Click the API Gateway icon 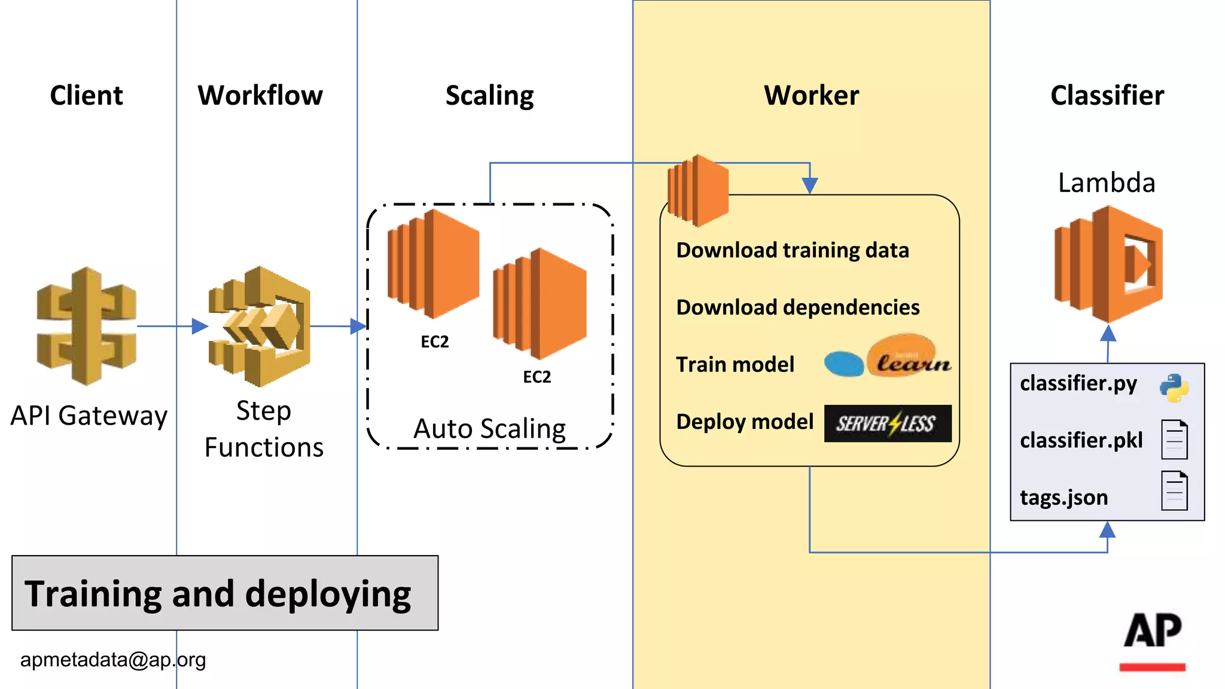pyautogui.click(x=87, y=326)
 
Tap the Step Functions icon pyautogui.click(x=261, y=326)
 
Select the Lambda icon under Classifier pyautogui.click(x=1108, y=264)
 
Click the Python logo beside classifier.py pyautogui.click(x=1174, y=388)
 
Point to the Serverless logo pyautogui.click(x=887, y=423)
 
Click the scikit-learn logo pyautogui.click(x=888, y=357)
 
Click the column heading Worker pyautogui.click(x=811, y=96)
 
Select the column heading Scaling pyautogui.click(x=489, y=96)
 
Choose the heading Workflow pyautogui.click(x=260, y=96)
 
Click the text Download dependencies pyautogui.click(x=797, y=307)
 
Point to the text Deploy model pyautogui.click(x=745, y=422)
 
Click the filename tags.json pyautogui.click(x=1064, y=498)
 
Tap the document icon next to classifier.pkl pyautogui.click(x=1174, y=440)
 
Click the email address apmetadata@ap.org pyautogui.click(x=113, y=660)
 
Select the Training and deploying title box pyautogui.click(x=225, y=593)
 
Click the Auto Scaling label pyautogui.click(x=489, y=429)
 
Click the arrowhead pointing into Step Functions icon pyautogui.click(x=200, y=327)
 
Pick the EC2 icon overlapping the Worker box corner pyautogui.click(x=698, y=190)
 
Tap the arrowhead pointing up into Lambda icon pyautogui.click(x=1108, y=333)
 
